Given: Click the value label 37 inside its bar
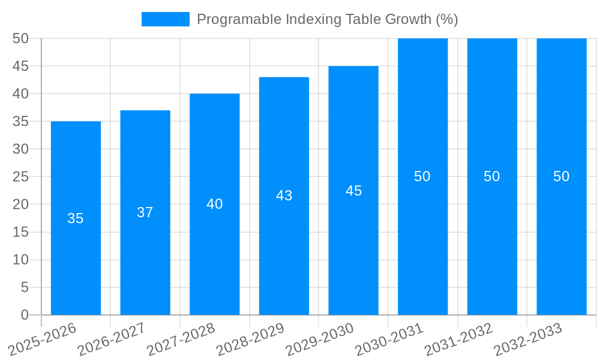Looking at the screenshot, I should (x=145, y=212).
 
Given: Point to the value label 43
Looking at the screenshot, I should (x=284, y=196).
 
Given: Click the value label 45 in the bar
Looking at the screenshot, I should (x=353, y=191).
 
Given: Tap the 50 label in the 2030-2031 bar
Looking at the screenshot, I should (x=422, y=176).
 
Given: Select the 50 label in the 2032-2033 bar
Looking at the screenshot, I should (x=561, y=176).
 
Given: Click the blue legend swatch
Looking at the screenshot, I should (x=165, y=19).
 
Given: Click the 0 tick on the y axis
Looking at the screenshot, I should (x=25, y=315).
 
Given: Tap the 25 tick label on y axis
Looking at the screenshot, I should (x=20, y=176).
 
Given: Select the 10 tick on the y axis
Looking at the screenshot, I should (x=20, y=260).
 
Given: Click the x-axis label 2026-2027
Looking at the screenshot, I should (x=112, y=339).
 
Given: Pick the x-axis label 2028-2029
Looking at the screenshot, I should (x=250, y=339).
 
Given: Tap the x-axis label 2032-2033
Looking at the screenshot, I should (x=528, y=339).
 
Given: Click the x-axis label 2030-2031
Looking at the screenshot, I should (x=389, y=339).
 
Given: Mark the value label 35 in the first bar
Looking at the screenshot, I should (x=76, y=218).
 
